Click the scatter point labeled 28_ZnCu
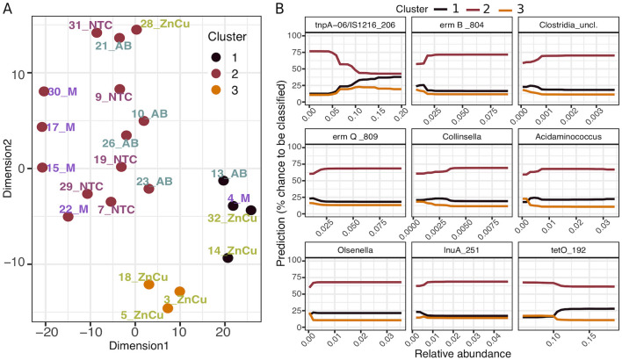(x=136, y=30)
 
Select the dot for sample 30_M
(x=44, y=91)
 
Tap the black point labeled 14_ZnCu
(x=228, y=257)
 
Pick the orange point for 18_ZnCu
(x=148, y=284)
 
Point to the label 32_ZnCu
(x=232, y=217)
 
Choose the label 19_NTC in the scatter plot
(x=114, y=159)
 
